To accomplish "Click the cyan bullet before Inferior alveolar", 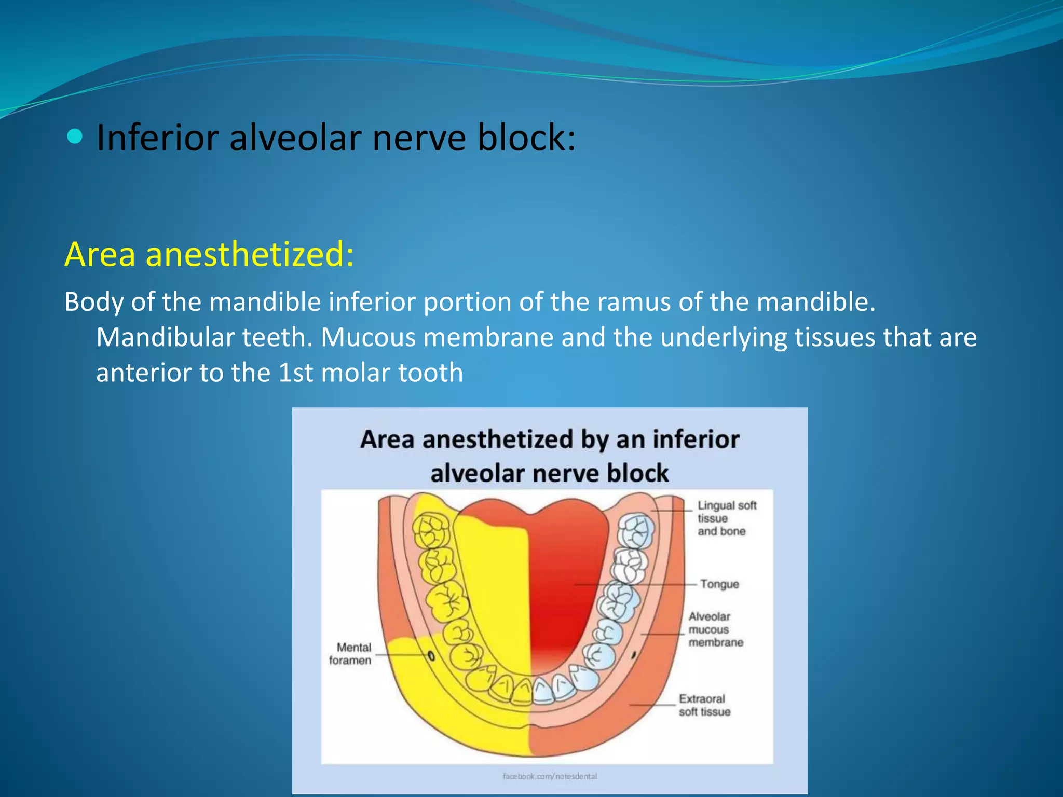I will point(75,137).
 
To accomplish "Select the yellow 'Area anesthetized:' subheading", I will point(209,254).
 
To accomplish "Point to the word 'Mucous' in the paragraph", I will point(368,337).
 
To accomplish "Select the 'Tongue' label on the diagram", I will point(719,584).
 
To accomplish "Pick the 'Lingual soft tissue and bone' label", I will point(726,518).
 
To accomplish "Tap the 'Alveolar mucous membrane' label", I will point(715,629).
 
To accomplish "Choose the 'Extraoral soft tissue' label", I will point(704,705).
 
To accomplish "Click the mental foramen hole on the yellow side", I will point(431,656).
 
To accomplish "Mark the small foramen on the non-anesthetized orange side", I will point(634,655).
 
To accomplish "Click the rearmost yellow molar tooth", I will point(431,531).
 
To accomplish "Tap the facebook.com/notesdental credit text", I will point(550,776).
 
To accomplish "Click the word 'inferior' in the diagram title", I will point(696,439).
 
